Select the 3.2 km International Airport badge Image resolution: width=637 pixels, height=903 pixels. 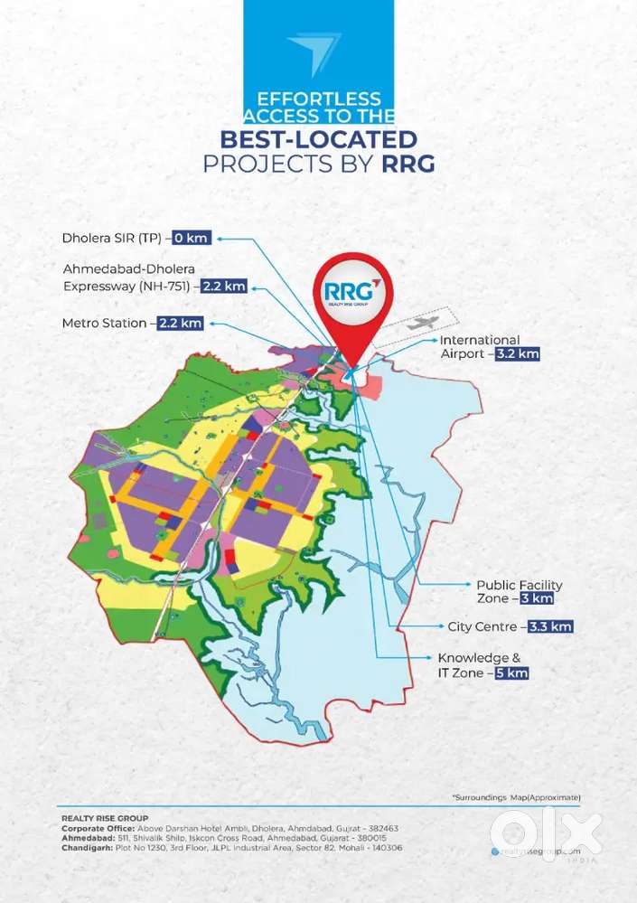(x=518, y=354)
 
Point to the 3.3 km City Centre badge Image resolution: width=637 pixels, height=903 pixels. (x=548, y=626)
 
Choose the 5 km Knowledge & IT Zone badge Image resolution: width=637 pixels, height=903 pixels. (x=511, y=673)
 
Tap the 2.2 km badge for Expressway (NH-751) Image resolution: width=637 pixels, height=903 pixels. (x=224, y=287)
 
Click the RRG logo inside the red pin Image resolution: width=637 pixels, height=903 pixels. (x=348, y=294)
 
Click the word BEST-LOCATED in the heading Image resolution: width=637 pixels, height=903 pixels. (x=319, y=139)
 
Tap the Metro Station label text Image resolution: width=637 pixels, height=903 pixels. (x=104, y=323)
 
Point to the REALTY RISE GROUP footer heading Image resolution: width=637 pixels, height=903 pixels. (x=104, y=817)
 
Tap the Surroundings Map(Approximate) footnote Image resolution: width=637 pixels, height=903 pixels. (x=516, y=796)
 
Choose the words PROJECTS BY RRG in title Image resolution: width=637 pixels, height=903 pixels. (x=319, y=165)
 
